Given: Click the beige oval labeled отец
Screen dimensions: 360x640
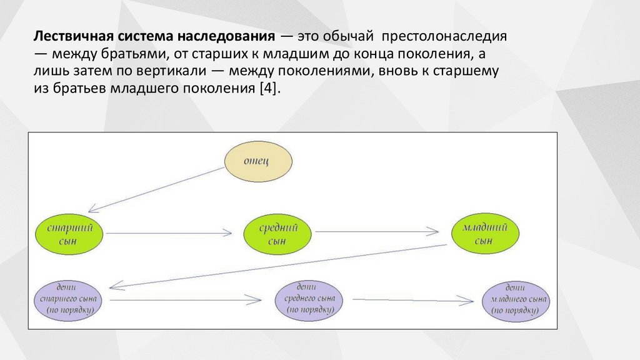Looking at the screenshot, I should (x=258, y=161).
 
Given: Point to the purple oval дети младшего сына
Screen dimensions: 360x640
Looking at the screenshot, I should (x=517, y=300).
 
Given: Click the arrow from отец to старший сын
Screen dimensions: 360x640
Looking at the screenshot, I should (x=156, y=190).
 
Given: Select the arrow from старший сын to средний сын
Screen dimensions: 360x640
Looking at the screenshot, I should (x=172, y=233).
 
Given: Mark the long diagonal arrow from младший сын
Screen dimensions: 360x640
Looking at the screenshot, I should (x=281, y=266).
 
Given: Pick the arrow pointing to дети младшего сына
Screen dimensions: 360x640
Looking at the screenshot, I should (x=412, y=301).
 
